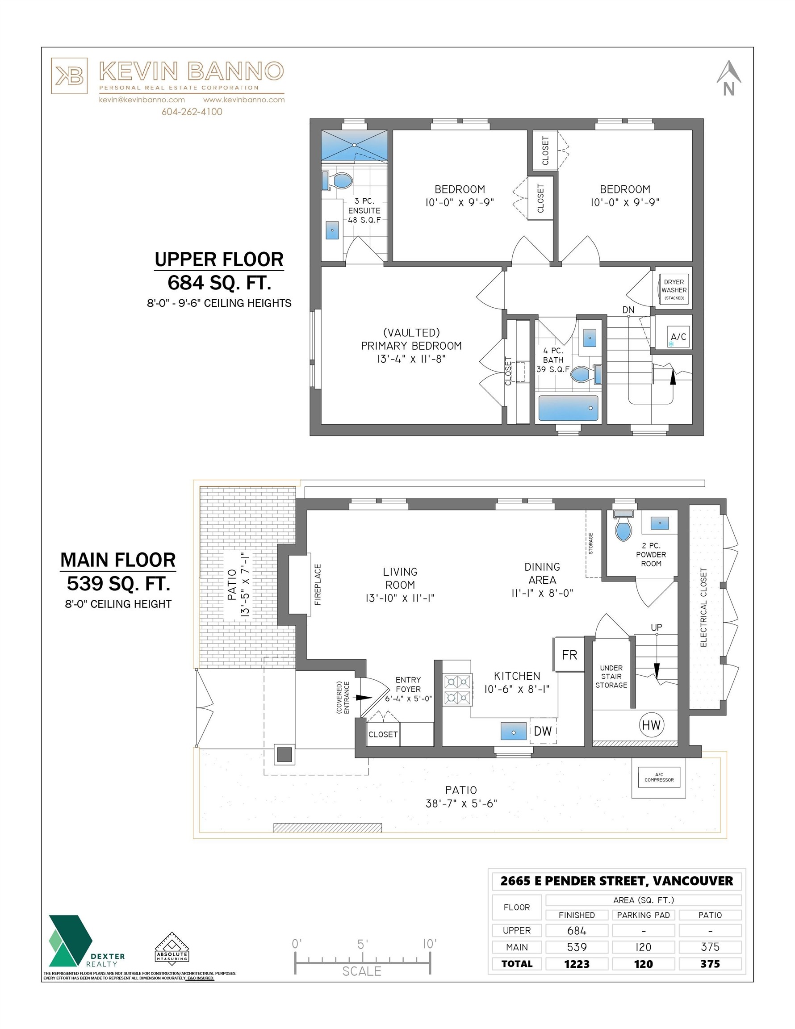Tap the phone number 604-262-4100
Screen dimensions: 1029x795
coord(192,112)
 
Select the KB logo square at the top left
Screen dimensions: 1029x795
coord(69,76)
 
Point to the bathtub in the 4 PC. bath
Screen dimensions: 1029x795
coord(568,408)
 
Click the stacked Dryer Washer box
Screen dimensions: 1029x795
coord(674,290)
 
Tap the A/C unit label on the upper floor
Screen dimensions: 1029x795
coord(678,337)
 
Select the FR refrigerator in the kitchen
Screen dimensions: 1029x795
coord(569,655)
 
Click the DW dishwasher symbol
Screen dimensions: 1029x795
coord(542,731)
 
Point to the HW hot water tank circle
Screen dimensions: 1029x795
coord(651,725)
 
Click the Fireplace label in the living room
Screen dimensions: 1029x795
coord(318,584)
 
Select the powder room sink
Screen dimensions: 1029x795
coord(659,523)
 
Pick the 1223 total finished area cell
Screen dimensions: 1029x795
coord(577,963)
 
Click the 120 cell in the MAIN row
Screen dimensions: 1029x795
coord(643,947)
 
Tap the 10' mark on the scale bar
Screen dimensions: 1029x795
coord(429,944)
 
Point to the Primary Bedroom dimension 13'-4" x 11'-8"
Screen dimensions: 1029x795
coord(411,359)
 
